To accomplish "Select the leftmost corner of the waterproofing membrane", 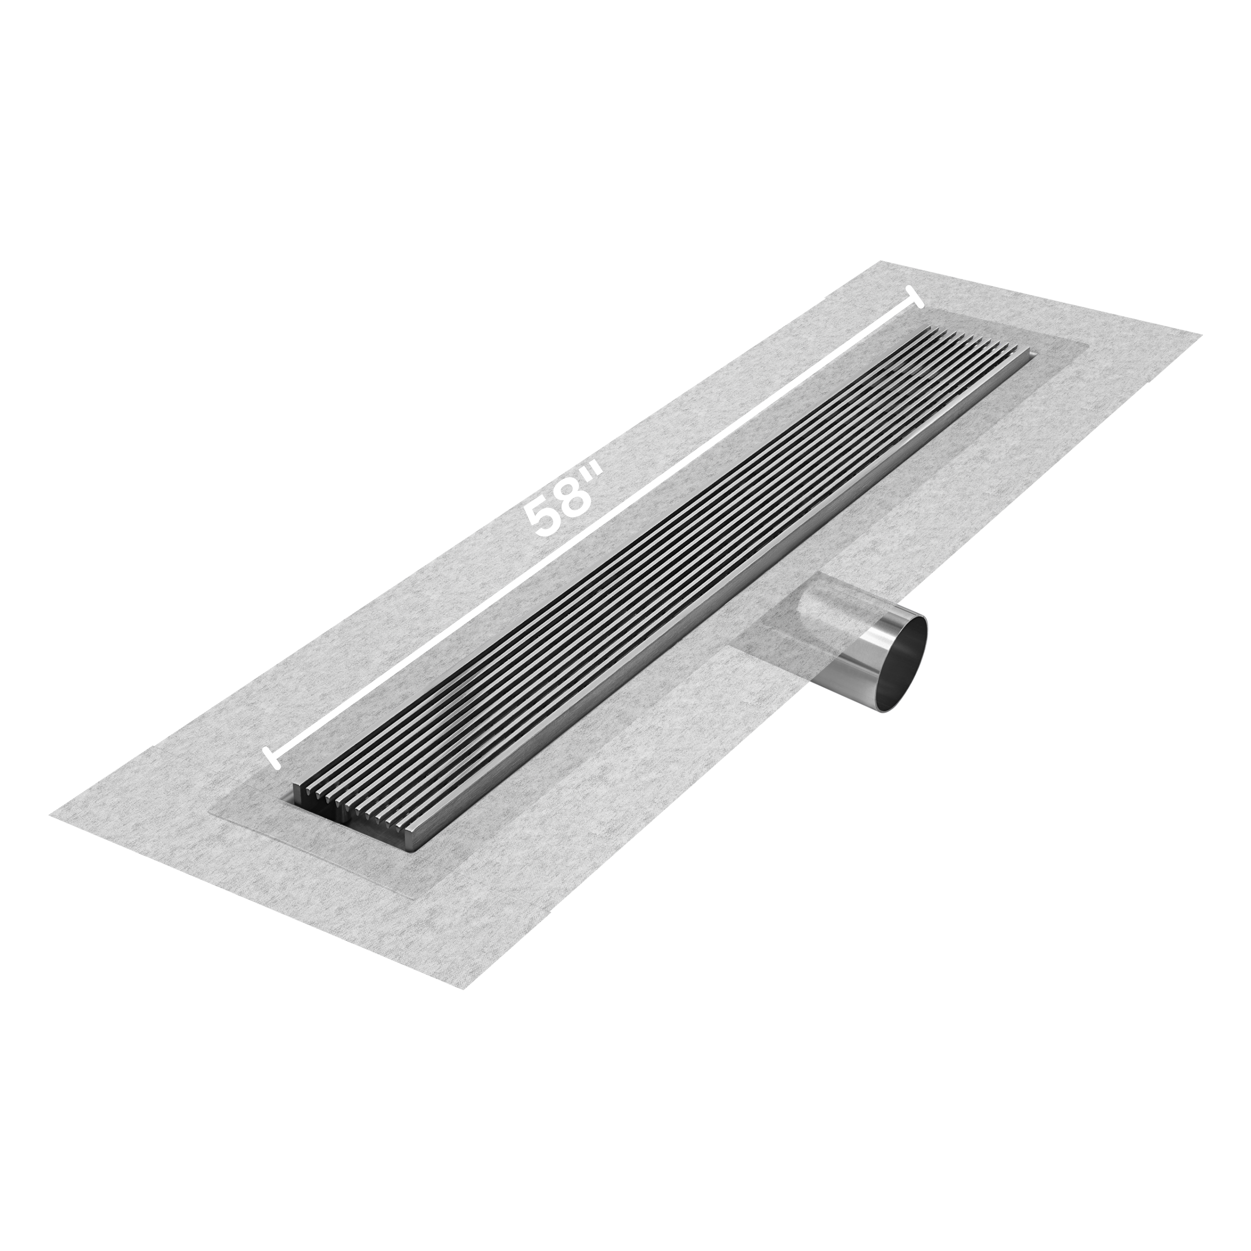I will pos(51,816).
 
